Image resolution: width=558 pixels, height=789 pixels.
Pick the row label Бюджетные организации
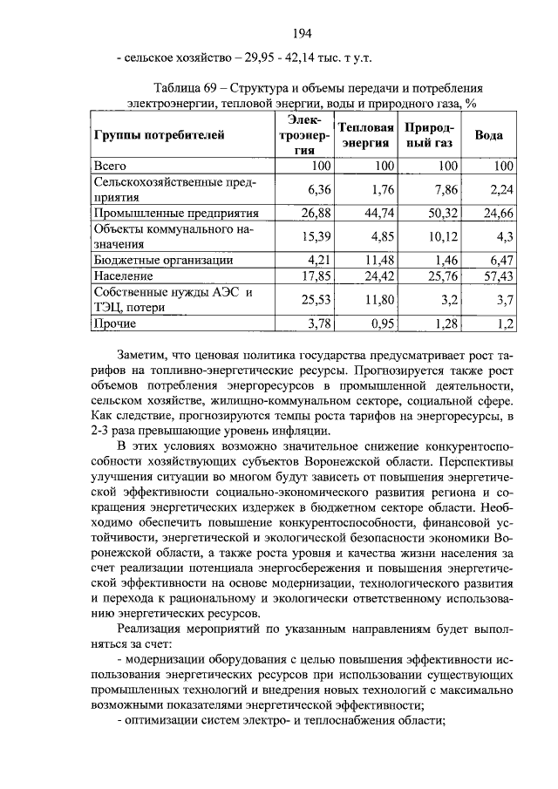click(x=163, y=259)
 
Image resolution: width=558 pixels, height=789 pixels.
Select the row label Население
click(x=124, y=275)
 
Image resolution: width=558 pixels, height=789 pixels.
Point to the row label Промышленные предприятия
click(x=176, y=212)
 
